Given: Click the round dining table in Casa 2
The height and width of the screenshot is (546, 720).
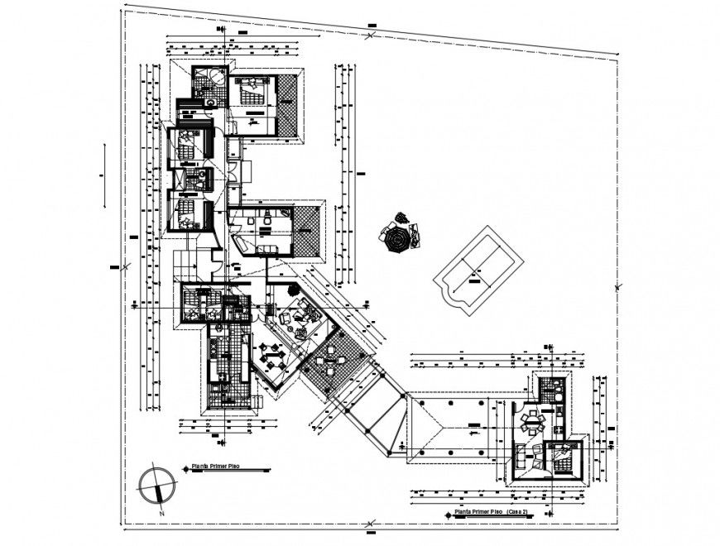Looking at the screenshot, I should pos(530,423).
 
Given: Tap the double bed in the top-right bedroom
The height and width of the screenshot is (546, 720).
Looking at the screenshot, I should pos(252,89).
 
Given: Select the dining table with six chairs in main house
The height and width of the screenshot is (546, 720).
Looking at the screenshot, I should pos(272,357).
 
